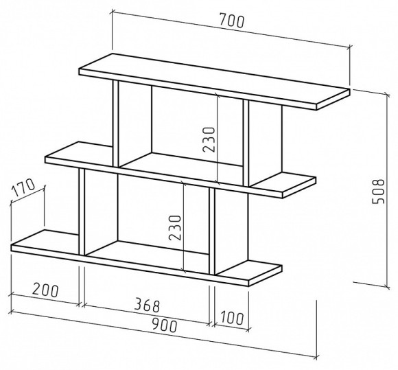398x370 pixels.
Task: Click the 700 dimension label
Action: [x=231, y=21]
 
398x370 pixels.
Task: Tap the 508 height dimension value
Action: [x=378, y=192]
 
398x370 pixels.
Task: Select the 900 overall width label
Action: [x=164, y=325]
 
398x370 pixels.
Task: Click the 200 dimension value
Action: [x=45, y=290]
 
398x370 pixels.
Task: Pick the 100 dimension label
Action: [x=231, y=318]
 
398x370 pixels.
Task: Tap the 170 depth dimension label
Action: [x=23, y=187]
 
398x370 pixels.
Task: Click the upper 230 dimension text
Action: [x=209, y=139]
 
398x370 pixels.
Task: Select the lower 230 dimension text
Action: [x=175, y=228]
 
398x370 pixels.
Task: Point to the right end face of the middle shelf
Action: [x=299, y=187]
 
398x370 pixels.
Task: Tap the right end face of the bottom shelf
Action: [x=266, y=276]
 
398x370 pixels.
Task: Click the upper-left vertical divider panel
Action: [x=116, y=124]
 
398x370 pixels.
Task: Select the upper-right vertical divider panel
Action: [x=246, y=143]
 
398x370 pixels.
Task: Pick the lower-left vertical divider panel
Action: [x=82, y=212]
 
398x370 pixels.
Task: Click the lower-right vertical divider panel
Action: [x=212, y=231]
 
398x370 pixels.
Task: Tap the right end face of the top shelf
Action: [x=333, y=100]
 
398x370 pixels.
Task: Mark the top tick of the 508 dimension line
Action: [x=388, y=95]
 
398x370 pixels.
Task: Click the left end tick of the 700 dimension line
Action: [x=113, y=12]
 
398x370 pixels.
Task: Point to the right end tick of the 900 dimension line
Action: [x=316, y=358]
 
